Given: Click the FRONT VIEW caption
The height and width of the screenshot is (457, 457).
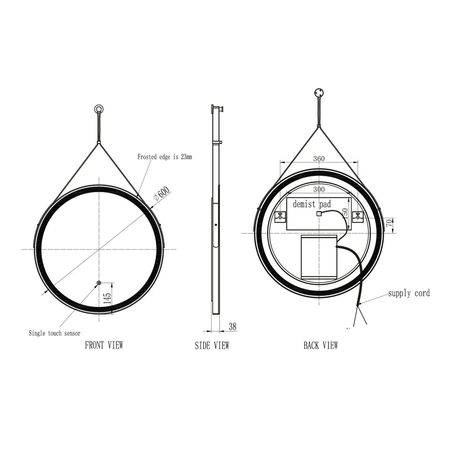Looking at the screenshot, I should (104, 345).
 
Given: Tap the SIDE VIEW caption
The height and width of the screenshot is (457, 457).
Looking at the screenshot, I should (212, 345).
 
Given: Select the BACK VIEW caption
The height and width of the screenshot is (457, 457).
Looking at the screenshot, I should (321, 345).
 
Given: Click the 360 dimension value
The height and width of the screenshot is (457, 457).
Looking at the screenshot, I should (319, 159).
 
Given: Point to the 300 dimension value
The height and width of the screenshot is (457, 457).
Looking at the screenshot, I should (319, 189).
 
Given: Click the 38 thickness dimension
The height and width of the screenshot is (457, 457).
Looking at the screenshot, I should (233, 327).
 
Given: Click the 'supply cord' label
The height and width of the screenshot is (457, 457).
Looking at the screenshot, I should (409, 293).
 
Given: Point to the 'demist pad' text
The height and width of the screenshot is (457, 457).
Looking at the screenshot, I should (312, 204).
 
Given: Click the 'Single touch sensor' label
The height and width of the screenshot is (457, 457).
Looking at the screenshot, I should (55, 333).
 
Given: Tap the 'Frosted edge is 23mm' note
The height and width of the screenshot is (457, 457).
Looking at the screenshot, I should (165, 157).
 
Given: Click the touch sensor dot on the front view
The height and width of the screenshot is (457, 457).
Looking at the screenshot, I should (99, 283).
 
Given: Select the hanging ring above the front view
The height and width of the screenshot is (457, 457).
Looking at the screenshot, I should (98, 109).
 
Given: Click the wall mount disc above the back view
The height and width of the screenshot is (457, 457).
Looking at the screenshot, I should (319, 94).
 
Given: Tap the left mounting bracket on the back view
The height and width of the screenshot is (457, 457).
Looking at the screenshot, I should (280, 217).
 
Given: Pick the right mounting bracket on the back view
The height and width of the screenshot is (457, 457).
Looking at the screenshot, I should (357, 217).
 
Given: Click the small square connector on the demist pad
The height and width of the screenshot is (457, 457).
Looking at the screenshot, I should (319, 214).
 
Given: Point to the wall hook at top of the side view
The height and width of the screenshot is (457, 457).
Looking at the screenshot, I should (217, 108).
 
